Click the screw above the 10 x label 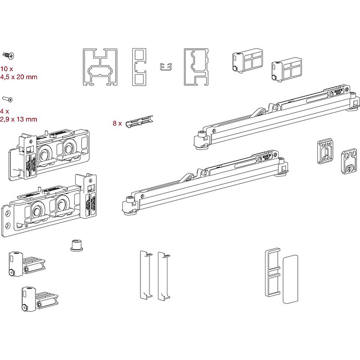point(9,56)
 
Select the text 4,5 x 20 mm point(18,77)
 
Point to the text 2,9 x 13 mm point(18,119)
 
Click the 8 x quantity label point(117,122)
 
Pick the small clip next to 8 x point(139,121)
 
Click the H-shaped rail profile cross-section point(99,67)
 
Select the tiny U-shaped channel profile point(166,67)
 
